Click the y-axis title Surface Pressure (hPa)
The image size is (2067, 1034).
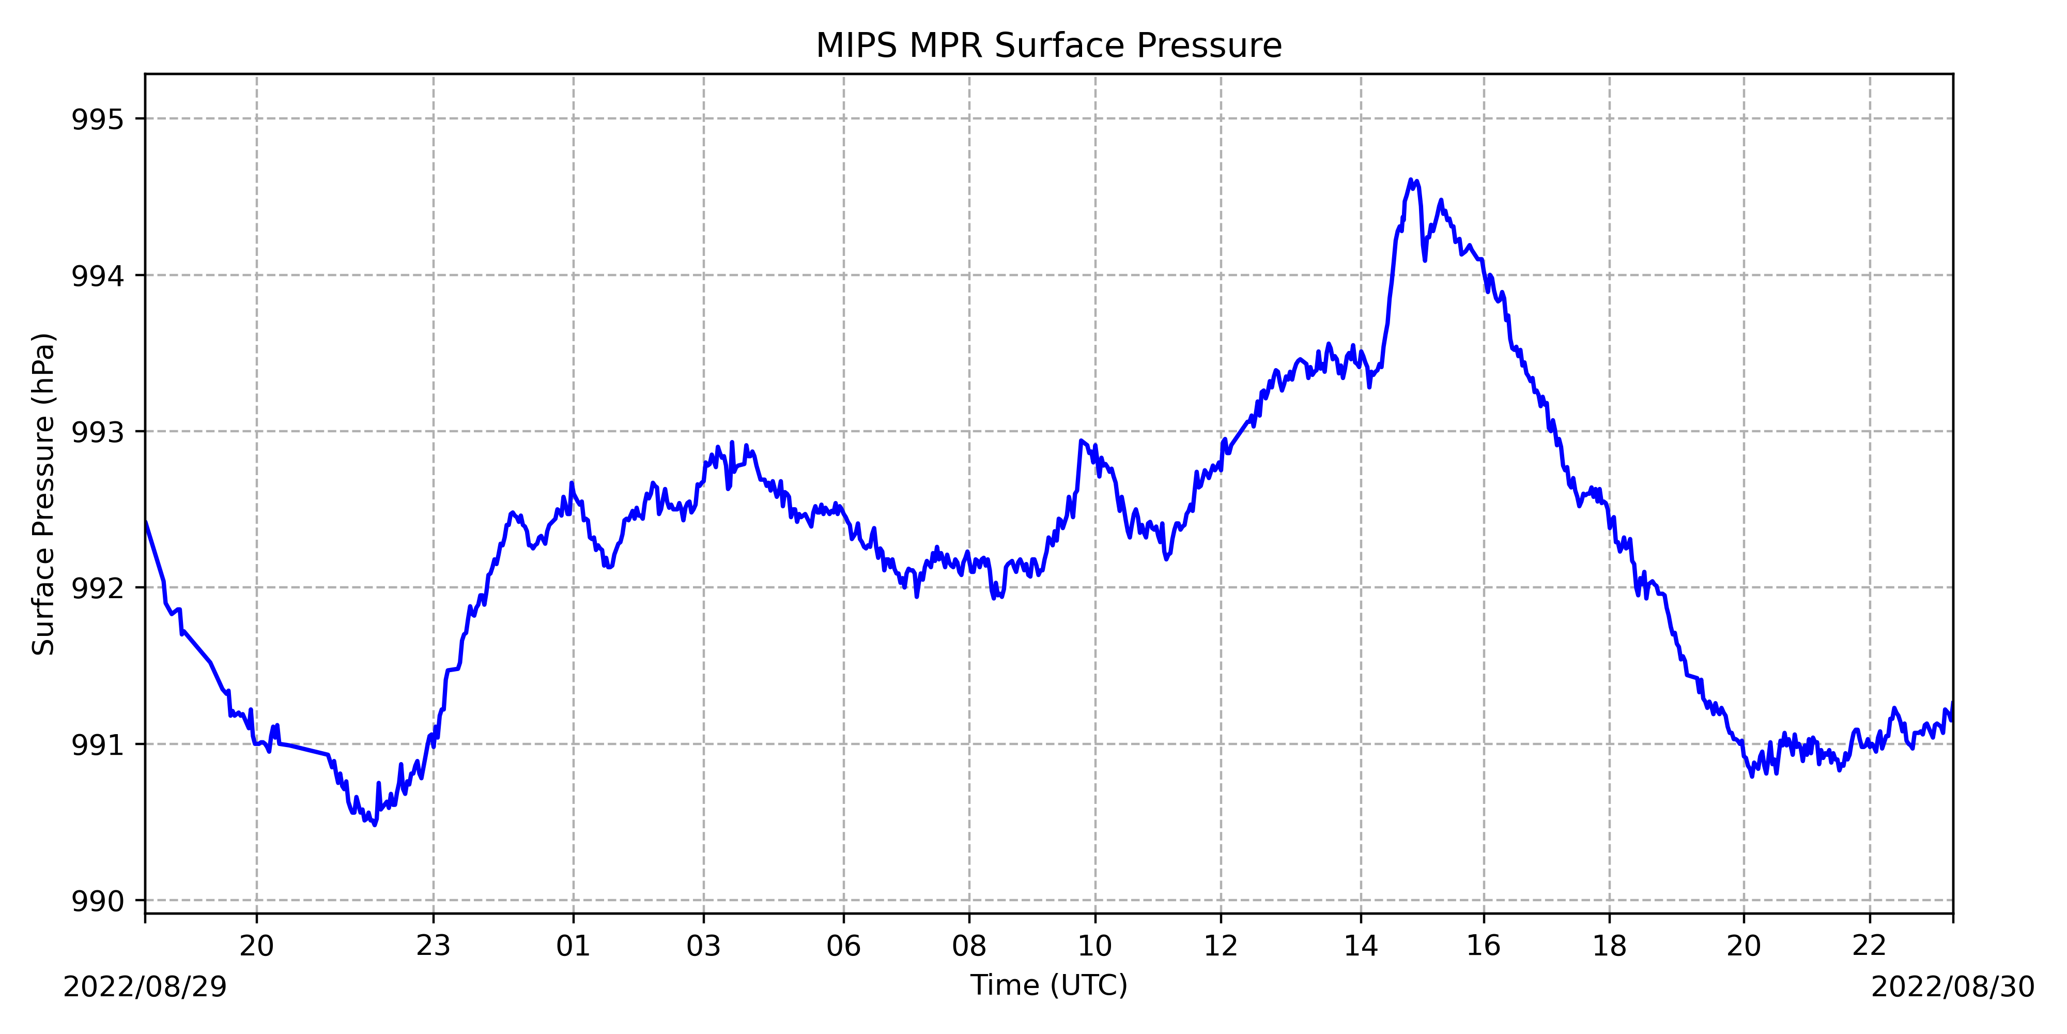(x=43, y=494)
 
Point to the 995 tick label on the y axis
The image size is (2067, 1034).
(x=98, y=119)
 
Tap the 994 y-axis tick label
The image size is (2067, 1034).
(x=98, y=276)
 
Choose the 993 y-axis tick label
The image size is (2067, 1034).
(x=98, y=432)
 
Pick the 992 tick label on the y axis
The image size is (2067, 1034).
(x=98, y=588)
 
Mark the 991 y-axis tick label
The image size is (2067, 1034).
(x=98, y=745)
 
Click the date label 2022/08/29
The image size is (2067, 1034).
(x=145, y=986)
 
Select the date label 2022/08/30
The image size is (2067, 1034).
(x=1952, y=986)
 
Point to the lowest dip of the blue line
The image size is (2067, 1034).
(x=375, y=825)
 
